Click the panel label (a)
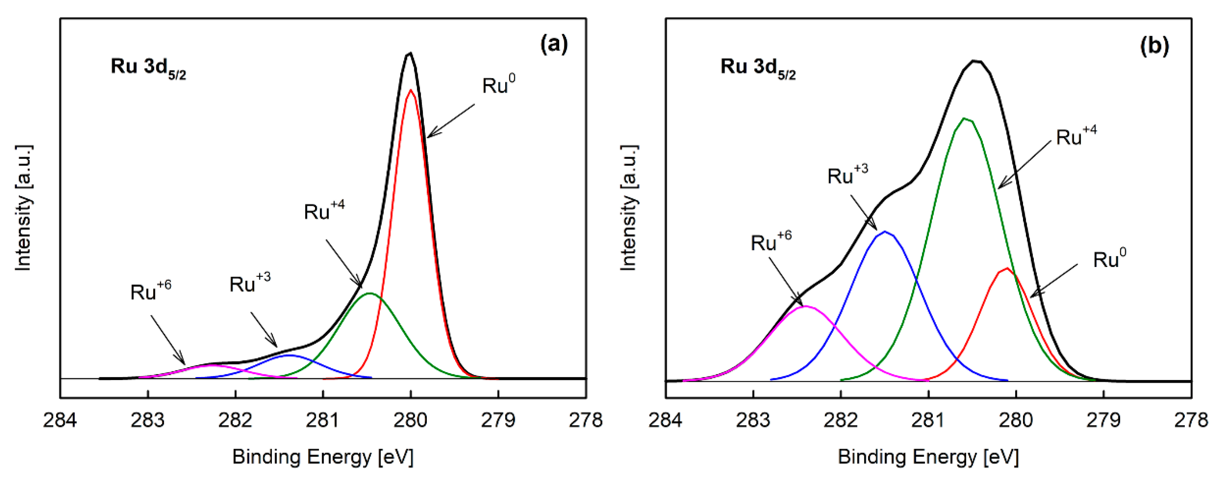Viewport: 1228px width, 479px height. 554,45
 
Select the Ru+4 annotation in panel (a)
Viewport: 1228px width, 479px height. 324,211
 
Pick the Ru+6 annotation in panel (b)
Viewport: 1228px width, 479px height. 770,242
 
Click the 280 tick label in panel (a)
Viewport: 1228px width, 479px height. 410,420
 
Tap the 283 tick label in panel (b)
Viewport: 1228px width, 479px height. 753,420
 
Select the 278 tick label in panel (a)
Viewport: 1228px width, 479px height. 586,420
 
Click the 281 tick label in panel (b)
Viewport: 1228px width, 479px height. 928,420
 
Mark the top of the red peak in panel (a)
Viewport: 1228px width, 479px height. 410,90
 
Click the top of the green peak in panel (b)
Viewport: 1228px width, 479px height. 965,118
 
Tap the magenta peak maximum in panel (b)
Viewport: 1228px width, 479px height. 805,306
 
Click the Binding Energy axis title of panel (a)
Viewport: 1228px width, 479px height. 323,457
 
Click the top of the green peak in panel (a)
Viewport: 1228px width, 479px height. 370,293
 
